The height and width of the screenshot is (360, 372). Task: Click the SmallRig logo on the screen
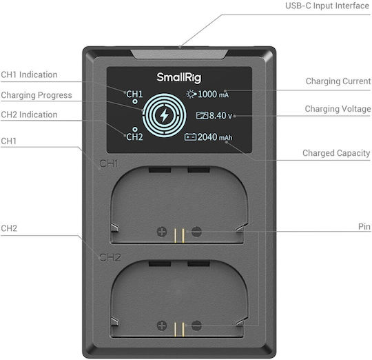pos(179,77)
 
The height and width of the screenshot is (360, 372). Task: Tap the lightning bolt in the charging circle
pos(164,115)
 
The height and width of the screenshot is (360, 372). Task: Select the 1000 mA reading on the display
pos(213,94)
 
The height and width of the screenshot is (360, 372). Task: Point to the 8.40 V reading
pos(220,116)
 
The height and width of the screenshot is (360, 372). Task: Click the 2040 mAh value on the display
pos(215,137)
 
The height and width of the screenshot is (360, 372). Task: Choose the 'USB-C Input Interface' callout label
pos(327,6)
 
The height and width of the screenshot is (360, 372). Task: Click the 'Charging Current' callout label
pos(338,81)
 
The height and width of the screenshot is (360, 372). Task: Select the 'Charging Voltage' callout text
pos(338,109)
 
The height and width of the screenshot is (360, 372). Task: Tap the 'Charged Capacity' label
pos(336,153)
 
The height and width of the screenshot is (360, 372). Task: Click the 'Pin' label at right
pos(364,226)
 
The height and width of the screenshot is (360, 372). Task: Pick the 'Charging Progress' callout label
pos(37,95)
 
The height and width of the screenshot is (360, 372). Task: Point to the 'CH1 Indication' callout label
pos(29,74)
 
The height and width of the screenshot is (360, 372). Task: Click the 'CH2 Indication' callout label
pos(29,114)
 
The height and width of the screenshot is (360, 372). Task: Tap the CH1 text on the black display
pos(134,94)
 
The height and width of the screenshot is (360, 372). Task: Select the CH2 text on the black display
pos(134,137)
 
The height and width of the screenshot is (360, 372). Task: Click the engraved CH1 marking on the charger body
pos(108,163)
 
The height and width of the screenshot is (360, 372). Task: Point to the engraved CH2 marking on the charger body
pos(110,257)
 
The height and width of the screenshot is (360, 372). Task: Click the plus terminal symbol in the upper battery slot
pos(162,232)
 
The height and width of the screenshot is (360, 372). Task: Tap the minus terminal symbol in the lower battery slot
pos(196,326)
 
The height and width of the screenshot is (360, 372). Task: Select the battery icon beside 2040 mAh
pos(190,137)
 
